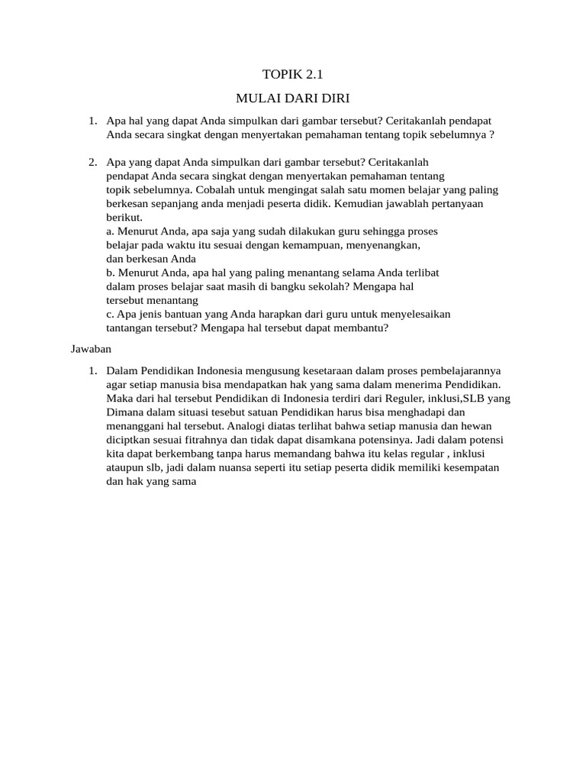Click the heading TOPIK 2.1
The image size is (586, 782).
pos(292,74)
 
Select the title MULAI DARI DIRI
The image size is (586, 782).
pos(292,99)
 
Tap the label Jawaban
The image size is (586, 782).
pos(92,348)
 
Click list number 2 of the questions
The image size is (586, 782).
pos(92,163)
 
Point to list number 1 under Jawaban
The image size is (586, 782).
pos(92,370)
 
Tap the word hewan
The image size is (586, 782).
pos(478,426)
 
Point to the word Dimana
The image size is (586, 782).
pos(124,412)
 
